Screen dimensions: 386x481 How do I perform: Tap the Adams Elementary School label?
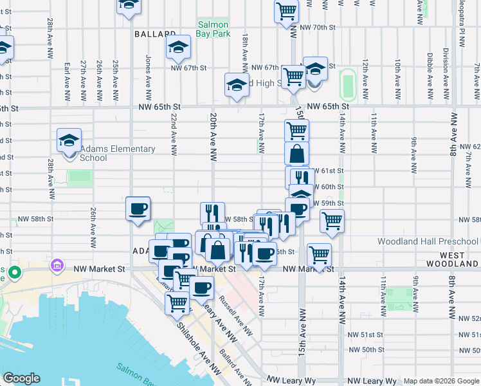click(118, 153)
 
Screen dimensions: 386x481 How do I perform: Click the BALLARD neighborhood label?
click(155, 33)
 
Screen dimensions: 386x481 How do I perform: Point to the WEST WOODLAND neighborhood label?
click(453, 259)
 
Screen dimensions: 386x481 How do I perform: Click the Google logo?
click(21, 378)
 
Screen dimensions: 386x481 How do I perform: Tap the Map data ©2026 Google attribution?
click(440, 381)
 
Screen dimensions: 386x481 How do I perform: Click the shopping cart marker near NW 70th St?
click(286, 10)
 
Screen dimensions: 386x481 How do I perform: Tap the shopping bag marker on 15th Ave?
click(296, 154)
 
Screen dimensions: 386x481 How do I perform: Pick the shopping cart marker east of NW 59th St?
click(332, 221)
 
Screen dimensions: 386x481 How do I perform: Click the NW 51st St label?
click(366, 335)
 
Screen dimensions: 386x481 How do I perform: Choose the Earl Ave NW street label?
click(67, 82)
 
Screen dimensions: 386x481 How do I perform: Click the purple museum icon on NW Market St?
click(57, 264)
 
